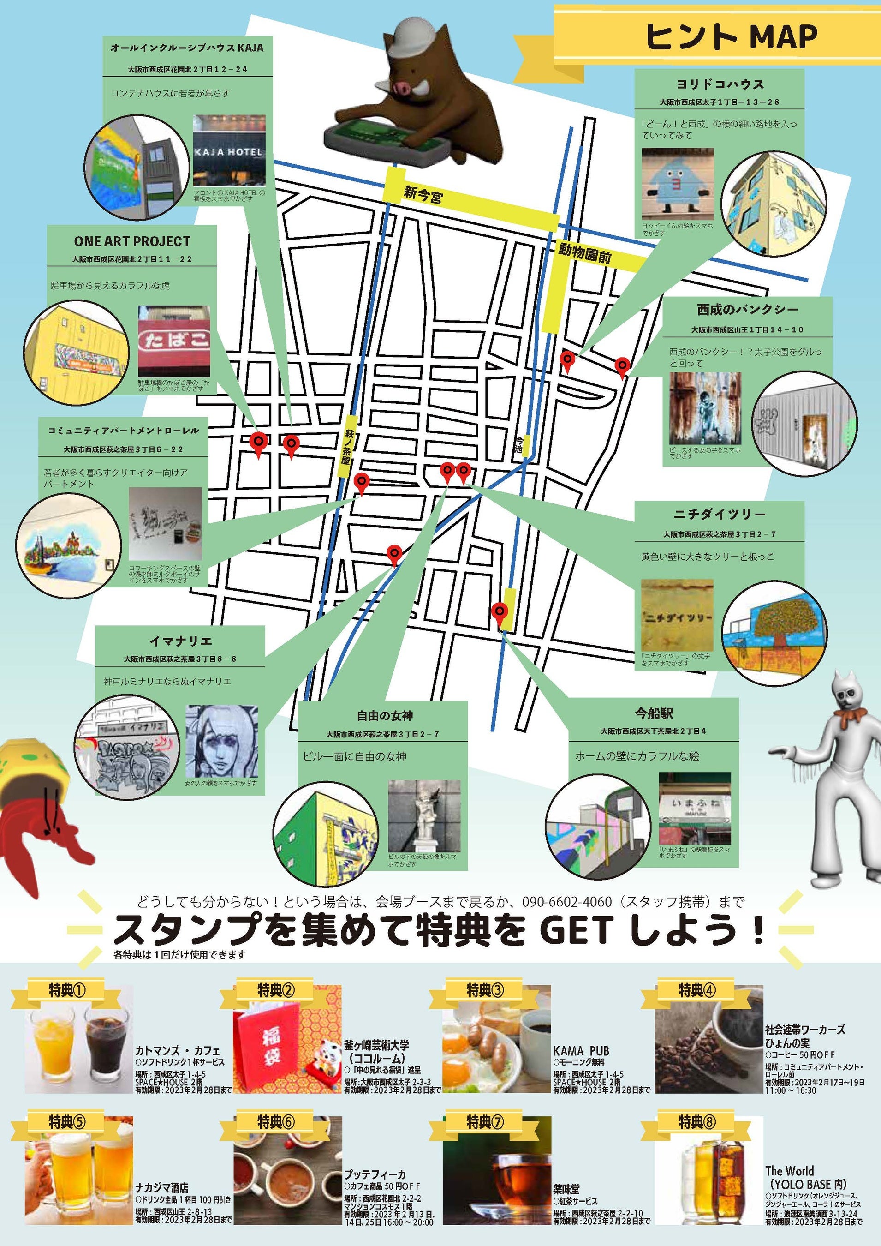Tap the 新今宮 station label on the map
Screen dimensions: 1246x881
(423, 194)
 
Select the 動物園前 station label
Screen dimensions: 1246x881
(584, 253)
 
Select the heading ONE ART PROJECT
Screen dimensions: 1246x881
(132, 241)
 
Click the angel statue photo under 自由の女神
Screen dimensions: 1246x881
(424, 817)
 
